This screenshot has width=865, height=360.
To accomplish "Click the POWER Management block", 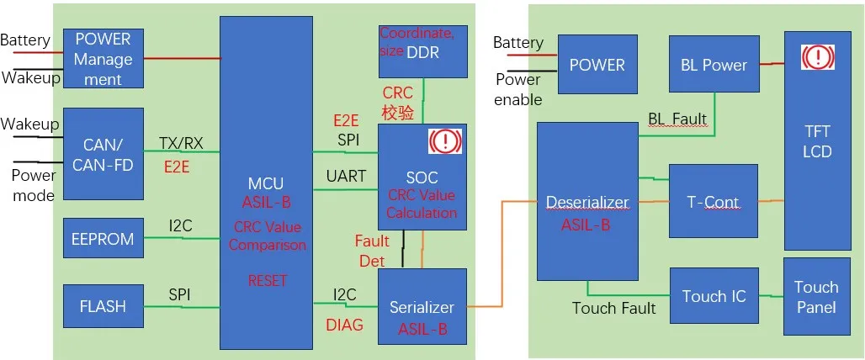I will click(103, 59).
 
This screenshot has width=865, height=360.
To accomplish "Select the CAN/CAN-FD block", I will click(103, 154).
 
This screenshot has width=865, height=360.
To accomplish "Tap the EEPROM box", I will click(103, 239).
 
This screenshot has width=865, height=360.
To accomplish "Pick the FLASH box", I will click(103, 306).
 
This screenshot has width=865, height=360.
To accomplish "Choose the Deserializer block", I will click(587, 202).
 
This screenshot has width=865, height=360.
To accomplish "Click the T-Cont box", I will click(713, 202).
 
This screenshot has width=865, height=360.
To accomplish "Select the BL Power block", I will click(713, 65).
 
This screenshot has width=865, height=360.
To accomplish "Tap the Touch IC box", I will click(714, 296).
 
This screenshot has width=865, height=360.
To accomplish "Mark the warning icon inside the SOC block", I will click(445, 140).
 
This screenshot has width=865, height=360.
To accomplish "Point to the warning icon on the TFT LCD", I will click(816, 57).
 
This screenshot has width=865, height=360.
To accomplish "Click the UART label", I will click(346, 176).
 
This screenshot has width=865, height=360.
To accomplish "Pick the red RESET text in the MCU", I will click(268, 281).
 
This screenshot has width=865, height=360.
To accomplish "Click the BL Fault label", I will click(677, 119).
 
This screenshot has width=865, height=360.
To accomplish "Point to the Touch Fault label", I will click(613, 309).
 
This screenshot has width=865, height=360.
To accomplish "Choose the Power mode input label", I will click(34, 185).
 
